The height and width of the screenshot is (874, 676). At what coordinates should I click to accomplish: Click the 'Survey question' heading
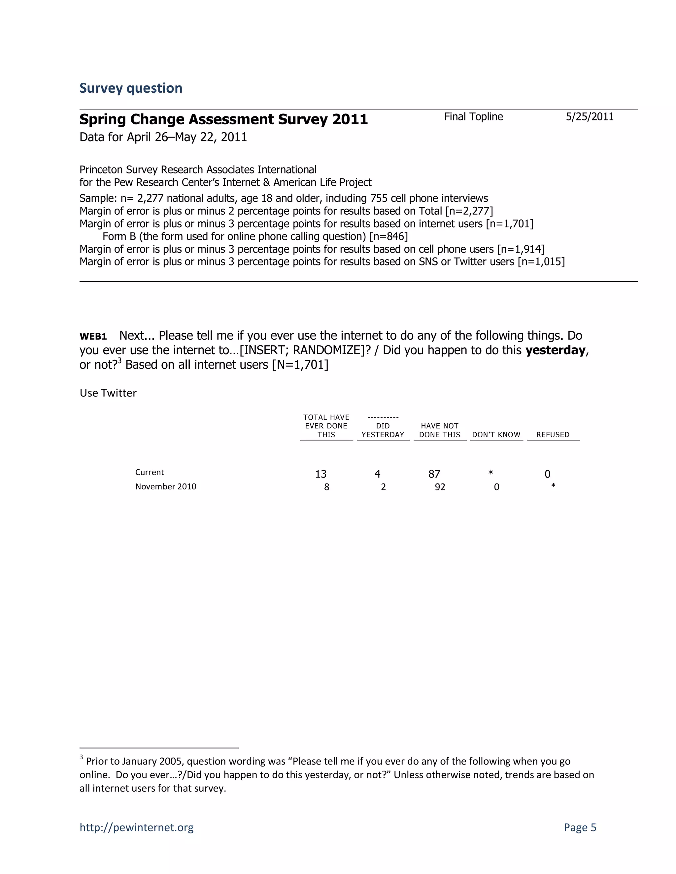pyautogui.click(x=131, y=88)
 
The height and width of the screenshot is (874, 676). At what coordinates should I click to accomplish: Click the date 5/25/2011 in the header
pyautogui.click(x=590, y=117)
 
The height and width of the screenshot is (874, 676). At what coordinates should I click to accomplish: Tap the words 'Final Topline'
pyautogui.click(x=473, y=117)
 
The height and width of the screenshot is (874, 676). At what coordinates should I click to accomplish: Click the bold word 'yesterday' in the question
pyautogui.click(x=555, y=350)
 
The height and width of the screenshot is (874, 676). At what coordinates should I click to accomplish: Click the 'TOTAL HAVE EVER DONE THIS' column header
pyautogui.click(x=326, y=426)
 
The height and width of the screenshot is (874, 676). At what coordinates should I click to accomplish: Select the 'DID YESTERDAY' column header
pyautogui.click(x=383, y=430)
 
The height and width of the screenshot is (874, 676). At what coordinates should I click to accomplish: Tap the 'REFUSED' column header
pyautogui.click(x=553, y=435)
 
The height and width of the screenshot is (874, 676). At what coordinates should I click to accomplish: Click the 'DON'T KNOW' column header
pyautogui.click(x=496, y=435)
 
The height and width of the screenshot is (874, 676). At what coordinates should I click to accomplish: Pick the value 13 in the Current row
pyautogui.click(x=321, y=474)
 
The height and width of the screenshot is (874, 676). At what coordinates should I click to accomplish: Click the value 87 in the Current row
pyautogui.click(x=434, y=474)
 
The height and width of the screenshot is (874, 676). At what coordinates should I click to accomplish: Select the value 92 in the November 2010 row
pyautogui.click(x=440, y=487)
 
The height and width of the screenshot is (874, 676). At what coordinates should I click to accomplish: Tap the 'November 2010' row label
pyautogui.click(x=165, y=486)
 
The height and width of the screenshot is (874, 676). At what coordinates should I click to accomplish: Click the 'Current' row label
pyautogui.click(x=150, y=472)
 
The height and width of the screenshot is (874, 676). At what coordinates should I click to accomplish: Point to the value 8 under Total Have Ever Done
pyautogui.click(x=326, y=487)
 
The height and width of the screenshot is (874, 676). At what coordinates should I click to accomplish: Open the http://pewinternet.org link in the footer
pyautogui.click(x=136, y=827)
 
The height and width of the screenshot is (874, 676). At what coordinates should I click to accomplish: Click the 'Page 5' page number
pyautogui.click(x=580, y=827)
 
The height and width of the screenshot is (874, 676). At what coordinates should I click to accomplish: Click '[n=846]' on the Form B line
pyautogui.click(x=388, y=236)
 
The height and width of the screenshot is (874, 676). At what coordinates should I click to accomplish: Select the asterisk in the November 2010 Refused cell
pyautogui.click(x=553, y=485)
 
